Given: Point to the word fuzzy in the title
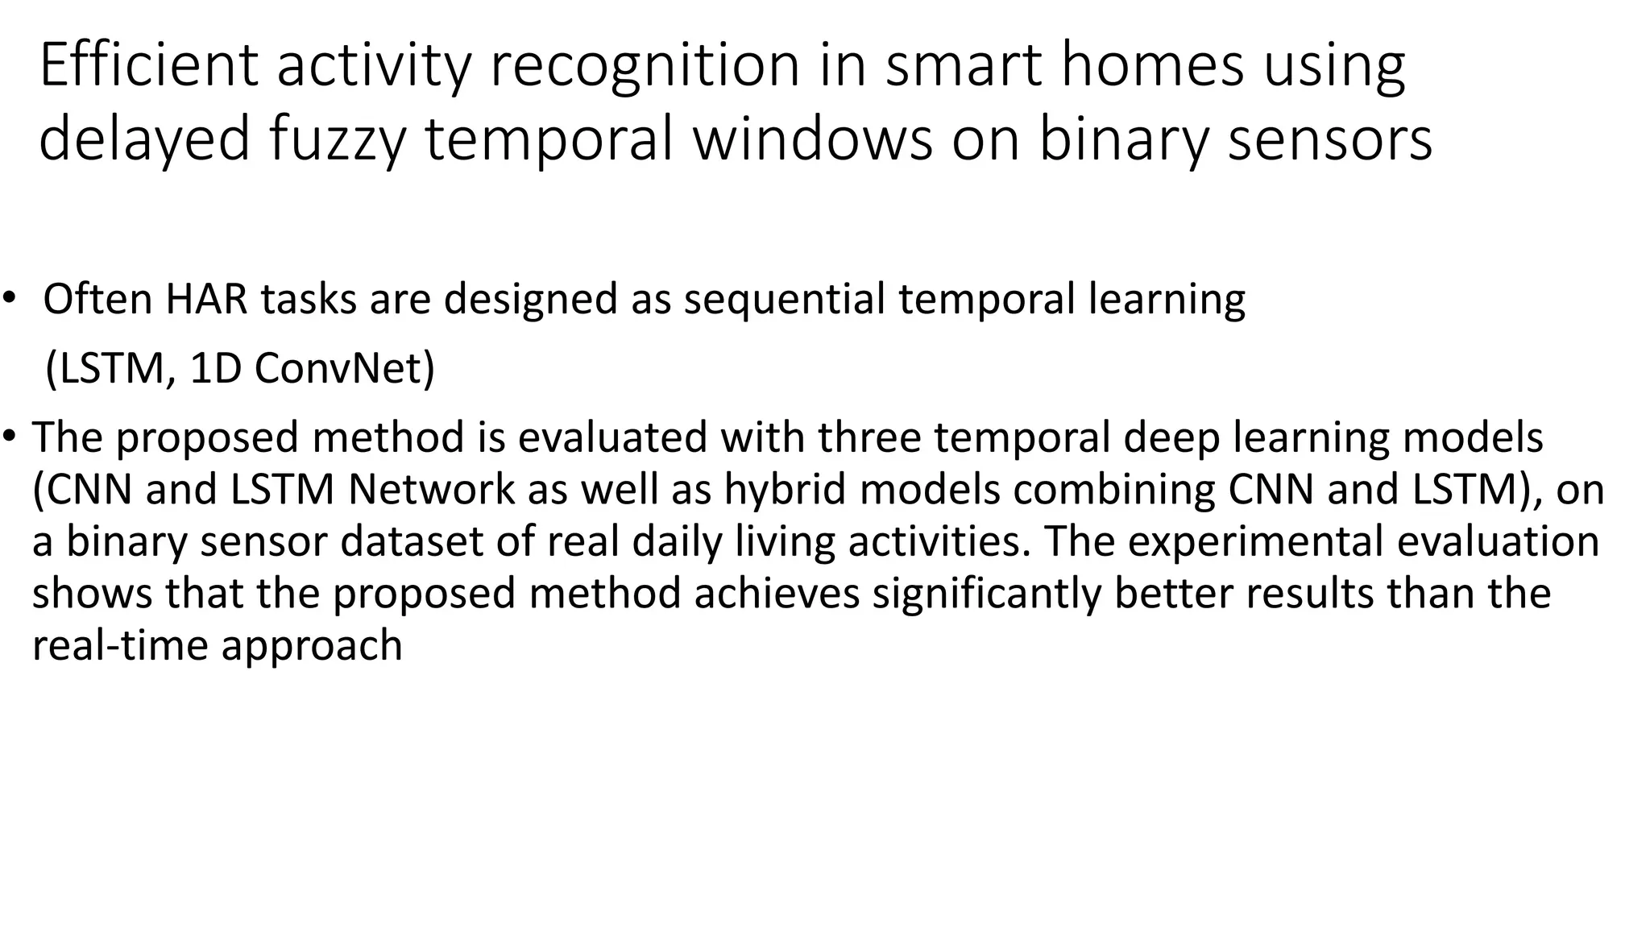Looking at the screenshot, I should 337,139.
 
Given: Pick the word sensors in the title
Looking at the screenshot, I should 1330,139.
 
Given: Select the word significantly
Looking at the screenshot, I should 987,594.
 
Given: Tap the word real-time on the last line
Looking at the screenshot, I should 120,646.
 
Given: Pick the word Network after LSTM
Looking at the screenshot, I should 431,490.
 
